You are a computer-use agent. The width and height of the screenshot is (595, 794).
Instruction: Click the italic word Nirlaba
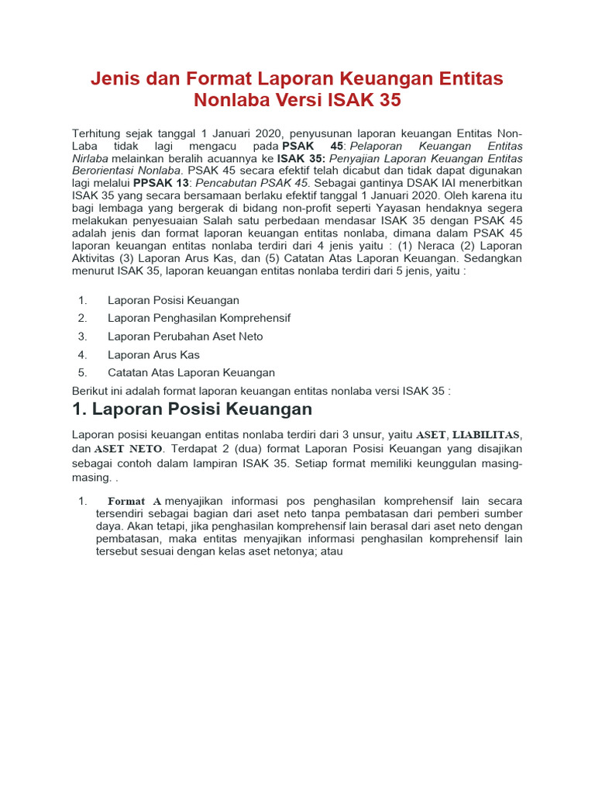pyautogui.click(x=90, y=157)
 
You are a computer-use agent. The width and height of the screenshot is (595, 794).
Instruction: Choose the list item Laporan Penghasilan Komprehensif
pyautogui.click(x=199, y=318)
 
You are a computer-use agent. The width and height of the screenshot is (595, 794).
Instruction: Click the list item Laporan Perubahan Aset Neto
pyautogui.click(x=185, y=337)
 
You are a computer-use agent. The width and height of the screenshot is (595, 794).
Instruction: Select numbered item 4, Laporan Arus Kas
pyautogui.click(x=153, y=354)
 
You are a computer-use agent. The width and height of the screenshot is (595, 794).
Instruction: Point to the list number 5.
pyautogui.click(x=82, y=373)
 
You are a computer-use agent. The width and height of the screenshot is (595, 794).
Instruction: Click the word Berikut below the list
pyautogui.click(x=91, y=392)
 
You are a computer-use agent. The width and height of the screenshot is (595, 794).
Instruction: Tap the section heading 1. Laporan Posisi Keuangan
pyautogui.click(x=192, y=409)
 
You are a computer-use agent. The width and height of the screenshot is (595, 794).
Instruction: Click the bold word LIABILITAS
pyautogui.click(x=487, y=435)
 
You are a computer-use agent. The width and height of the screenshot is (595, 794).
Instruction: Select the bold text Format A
pyautogui.click(x=135, y=502)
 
